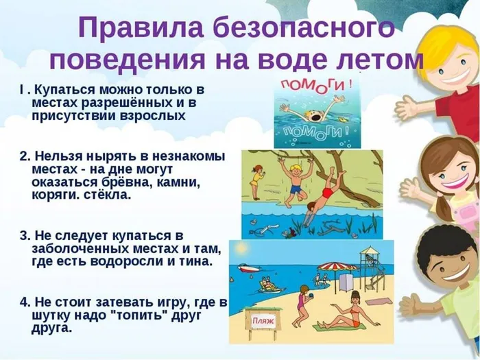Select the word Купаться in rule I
coord(69,91)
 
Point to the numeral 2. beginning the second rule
coord(25,156)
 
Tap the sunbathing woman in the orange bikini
coord(342,319)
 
